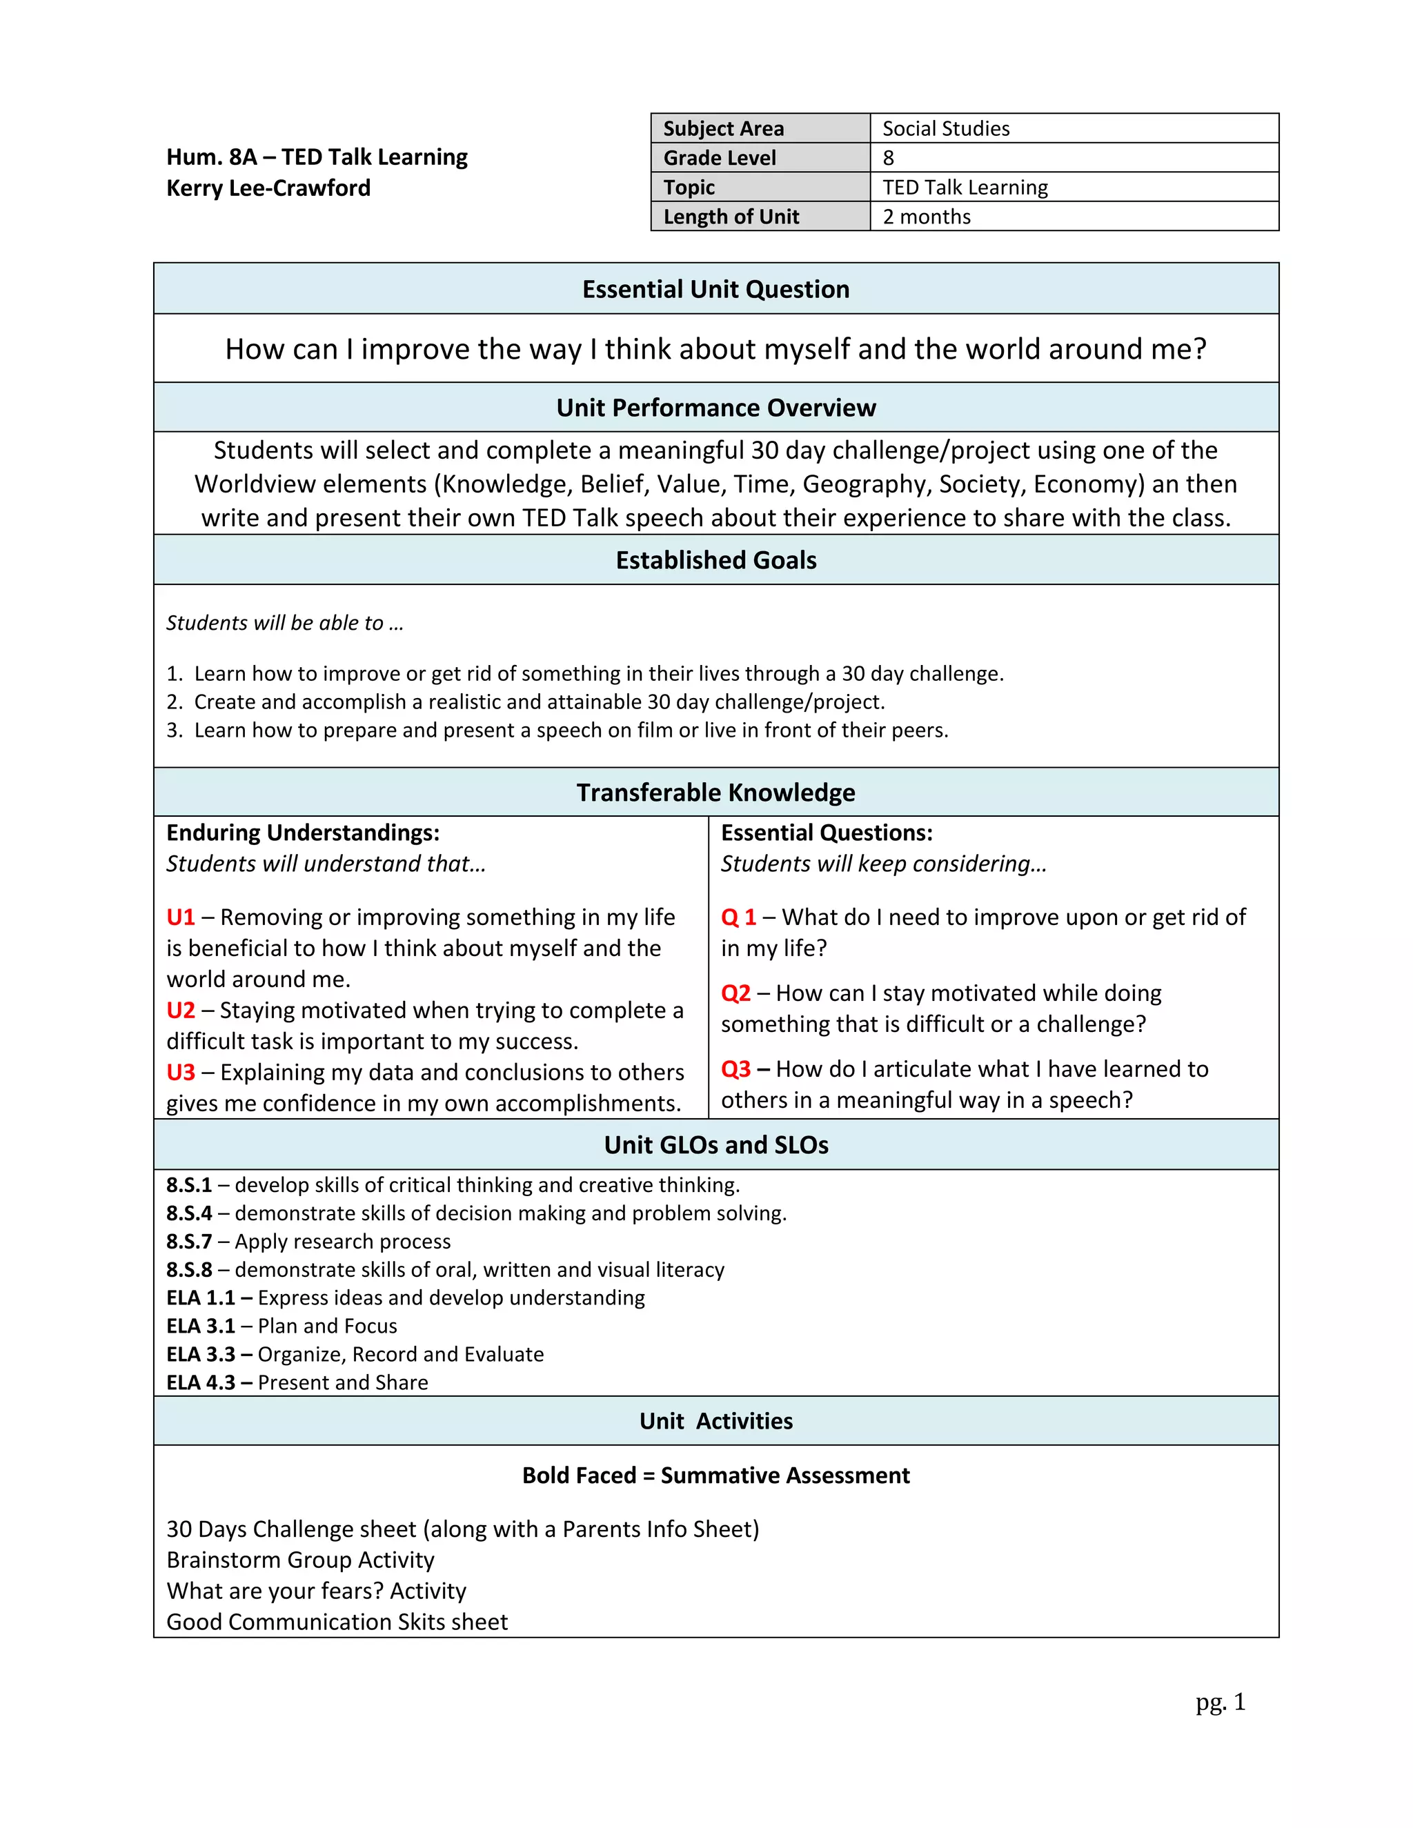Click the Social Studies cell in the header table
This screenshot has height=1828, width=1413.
(945, 128)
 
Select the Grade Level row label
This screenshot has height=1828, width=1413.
(719, 157)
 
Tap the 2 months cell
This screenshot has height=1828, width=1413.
(926, 217)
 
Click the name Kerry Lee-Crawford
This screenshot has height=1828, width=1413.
(268, 188)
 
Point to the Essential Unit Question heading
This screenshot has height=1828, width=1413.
(715, 289)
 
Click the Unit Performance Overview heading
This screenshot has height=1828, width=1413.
(715, 408)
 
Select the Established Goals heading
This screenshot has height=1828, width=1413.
(715, 560)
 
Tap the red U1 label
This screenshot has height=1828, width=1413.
(181, 917)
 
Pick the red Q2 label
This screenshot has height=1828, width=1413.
(735, 993)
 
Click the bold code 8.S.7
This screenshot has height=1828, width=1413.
(189, 1241)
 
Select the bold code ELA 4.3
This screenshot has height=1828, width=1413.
(201, 1382)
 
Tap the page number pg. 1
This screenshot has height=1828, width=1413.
(1220, 1702)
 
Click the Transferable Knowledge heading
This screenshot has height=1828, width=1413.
(715, 792)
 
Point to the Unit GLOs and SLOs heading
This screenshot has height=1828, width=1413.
(715, 1144)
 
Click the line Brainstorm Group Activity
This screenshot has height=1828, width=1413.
(301, 1560)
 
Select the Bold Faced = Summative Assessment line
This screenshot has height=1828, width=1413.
(715, 1475)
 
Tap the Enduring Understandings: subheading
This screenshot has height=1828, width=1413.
(303, 833)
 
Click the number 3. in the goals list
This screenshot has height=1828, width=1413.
(174, 730)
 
